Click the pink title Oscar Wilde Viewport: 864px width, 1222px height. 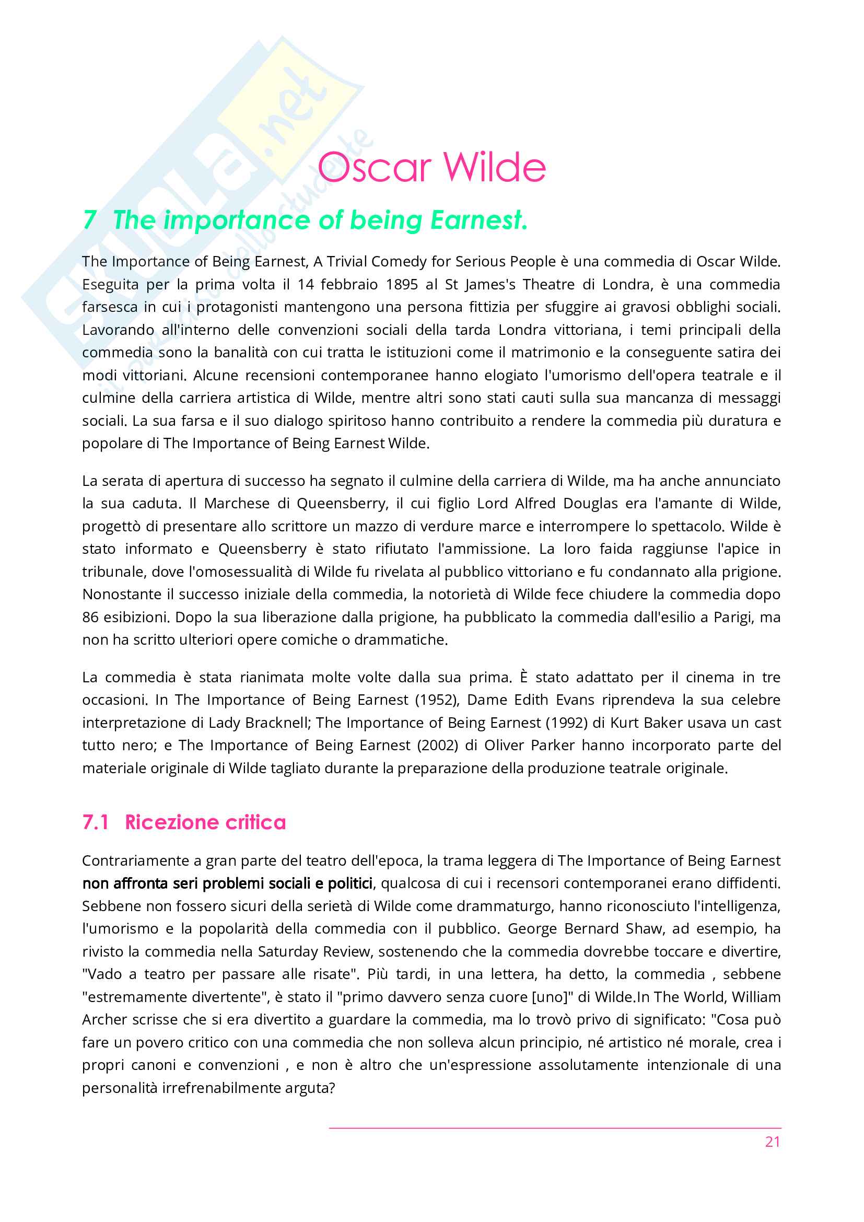(x=431, y=167)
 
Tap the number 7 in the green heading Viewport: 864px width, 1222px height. (x=89, y=220)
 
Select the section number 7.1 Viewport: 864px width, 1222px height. (x=96, y=822)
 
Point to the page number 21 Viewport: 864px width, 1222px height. (x=773, y=1142)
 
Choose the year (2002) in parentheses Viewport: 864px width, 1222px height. (x=438, y=745)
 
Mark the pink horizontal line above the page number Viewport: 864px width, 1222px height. (x=555, y=1128)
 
